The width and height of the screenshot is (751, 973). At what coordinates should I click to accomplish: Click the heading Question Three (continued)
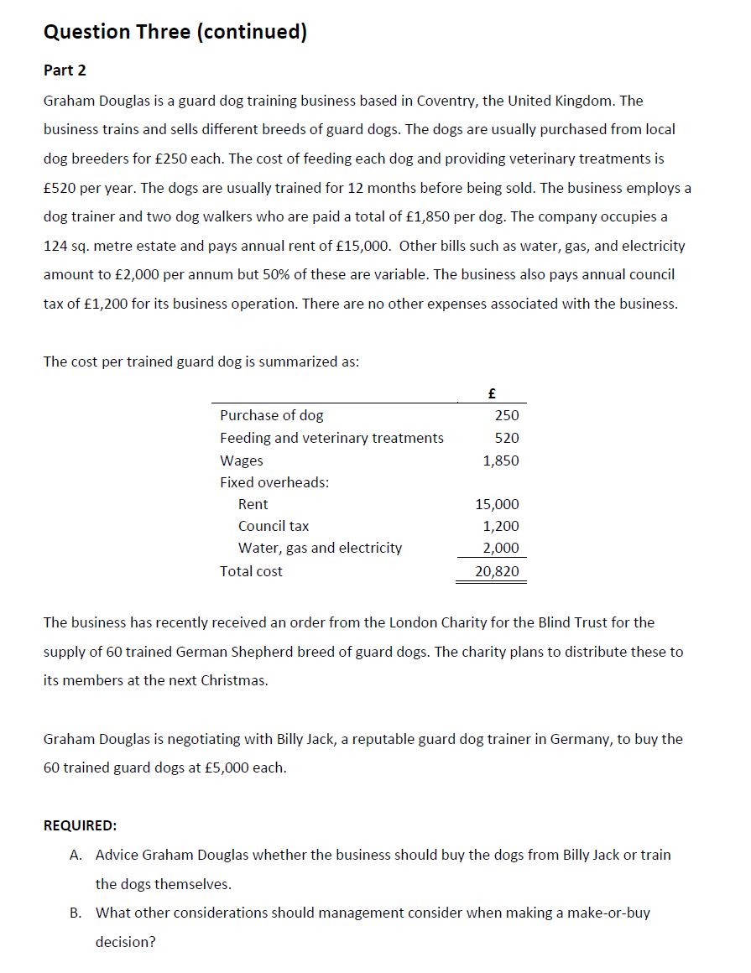(x=175, y=32)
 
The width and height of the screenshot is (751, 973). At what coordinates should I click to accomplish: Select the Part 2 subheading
(x=65, y=70)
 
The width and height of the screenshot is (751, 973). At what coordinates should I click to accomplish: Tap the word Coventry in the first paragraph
(x=446, y=101)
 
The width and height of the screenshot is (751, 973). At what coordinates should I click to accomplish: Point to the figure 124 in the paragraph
(x=55, y=246)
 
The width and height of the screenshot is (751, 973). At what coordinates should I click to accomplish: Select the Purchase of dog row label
(x=271, y=415)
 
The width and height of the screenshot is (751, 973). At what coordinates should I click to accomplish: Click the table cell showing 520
(x=507, y=438)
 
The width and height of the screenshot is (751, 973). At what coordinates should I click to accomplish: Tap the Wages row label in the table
(x=241, y=460)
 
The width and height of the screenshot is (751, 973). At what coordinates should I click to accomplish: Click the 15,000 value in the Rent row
(x=497, y=504)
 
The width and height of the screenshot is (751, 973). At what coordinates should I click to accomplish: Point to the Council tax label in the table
(x=274, y=526)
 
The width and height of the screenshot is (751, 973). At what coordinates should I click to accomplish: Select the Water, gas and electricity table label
(x=320, y=548)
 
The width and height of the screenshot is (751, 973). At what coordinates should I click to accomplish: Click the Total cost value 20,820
(x=497, y=571)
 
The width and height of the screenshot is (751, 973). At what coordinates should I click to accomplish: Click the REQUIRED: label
(x=81, y=825)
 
